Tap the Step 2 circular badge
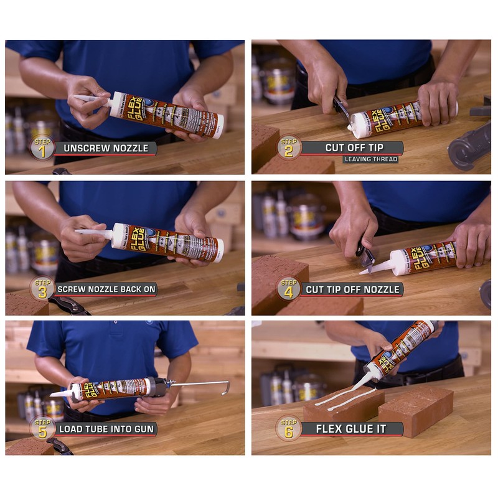289,148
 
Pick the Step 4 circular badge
289,288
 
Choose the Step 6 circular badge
289,428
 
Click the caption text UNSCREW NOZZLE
101,148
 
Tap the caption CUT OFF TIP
354,148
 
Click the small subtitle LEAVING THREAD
370,159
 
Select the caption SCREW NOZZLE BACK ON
106,289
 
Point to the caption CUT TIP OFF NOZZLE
354,289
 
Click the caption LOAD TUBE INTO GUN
106,429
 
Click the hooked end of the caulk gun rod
225,387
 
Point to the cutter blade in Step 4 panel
366,256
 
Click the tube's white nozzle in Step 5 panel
63,393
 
